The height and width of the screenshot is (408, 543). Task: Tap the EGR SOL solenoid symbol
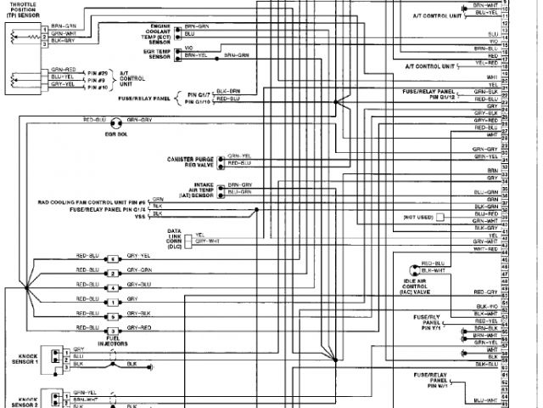[116, 122]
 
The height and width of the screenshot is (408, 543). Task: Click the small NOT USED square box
[439, 217]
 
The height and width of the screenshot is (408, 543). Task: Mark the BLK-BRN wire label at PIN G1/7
[228, 90]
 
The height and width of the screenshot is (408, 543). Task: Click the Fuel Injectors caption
[113, 343]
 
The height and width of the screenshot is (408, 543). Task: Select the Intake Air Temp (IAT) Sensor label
[195, 190]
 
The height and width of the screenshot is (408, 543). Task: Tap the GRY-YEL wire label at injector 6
[139, 256]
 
